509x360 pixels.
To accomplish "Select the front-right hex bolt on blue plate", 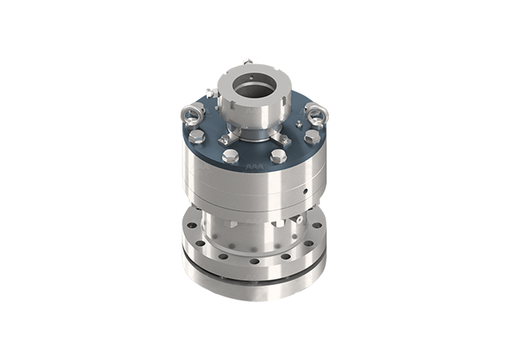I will (x=279, y=155).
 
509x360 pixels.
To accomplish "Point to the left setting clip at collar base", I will (x=227, y=138).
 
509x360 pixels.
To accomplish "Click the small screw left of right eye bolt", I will (x=301, y=123).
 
